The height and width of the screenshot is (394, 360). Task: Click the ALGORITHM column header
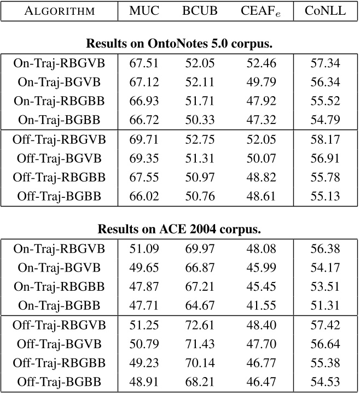[59, 10]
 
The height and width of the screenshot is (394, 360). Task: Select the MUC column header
[144, 10]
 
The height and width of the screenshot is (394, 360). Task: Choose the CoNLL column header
[324, 10]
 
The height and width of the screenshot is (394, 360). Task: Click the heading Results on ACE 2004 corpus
[179, 229]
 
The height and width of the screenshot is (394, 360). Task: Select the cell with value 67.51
[144, 63]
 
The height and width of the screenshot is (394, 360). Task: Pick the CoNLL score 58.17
[324, 140]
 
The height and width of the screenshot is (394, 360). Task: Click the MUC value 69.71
[144, 140]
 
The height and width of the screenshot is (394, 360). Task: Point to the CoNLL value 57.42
[324, 326]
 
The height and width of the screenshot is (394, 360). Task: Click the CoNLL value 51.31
[324, 307]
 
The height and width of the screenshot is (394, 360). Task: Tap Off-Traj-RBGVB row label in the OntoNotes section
[59, 140]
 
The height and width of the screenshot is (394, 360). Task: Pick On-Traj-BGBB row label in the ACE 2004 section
[59, 307]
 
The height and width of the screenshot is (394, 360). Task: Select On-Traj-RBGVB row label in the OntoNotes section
[59, 63]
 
